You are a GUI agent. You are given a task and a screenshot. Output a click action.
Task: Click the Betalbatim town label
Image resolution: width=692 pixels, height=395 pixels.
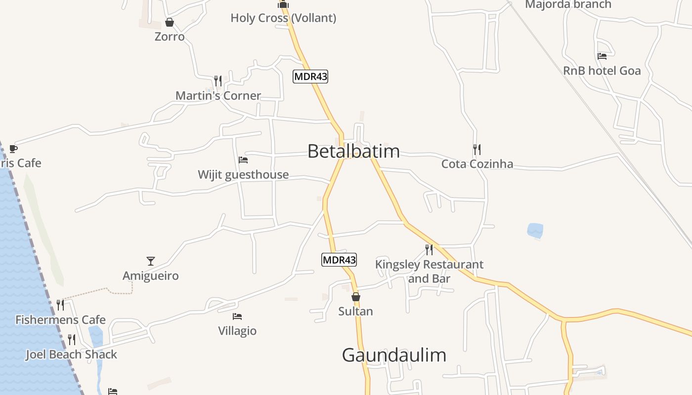tap(353, 151)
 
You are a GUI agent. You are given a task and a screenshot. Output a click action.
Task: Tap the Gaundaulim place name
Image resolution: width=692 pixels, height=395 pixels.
tap(394, 355)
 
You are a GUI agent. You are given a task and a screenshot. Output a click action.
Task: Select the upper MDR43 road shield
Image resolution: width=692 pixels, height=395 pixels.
tap(310, 77)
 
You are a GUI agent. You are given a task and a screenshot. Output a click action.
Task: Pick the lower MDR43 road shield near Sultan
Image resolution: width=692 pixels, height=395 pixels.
tap(339, 260)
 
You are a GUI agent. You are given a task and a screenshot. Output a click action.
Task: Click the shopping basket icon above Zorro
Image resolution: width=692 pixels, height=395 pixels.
tap(170, 23)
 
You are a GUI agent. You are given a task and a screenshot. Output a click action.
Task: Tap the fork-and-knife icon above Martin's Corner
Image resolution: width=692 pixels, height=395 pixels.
tap(217, 81)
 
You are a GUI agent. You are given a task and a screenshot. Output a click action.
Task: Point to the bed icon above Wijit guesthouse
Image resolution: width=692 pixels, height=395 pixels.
tap(243, 160)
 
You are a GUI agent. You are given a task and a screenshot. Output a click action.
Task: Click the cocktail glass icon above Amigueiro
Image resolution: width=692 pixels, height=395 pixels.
tap(151, 261)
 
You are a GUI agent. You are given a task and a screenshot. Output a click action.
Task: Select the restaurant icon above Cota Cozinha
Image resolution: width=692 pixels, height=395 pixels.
tap(477, 149)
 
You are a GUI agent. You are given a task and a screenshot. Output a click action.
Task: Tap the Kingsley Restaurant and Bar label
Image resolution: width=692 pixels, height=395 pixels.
tap(429, 272)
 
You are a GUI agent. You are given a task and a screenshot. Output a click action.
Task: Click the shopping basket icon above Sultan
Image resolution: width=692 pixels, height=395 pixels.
tap(355, 297)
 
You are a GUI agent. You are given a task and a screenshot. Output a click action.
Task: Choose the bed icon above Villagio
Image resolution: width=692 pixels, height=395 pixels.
tap(237, 316)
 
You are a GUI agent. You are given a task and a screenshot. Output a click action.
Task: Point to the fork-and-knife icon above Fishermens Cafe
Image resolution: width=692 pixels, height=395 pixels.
tap(60, 305)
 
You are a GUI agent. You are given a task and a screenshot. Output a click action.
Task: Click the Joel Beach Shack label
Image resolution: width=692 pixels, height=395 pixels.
tap(72, 355)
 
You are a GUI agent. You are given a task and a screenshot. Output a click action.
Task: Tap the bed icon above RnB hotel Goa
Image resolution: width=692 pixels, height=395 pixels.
tap(602, 56)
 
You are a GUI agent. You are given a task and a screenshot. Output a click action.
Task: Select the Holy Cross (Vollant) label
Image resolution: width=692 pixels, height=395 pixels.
tap(283, 18)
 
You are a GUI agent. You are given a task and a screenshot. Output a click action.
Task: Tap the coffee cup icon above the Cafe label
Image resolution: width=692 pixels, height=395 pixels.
tap(13, 149)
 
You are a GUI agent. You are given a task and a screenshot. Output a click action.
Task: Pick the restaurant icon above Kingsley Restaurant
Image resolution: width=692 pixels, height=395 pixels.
tap(429, 250)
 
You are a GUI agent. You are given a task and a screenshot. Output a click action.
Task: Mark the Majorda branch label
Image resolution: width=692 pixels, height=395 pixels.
tap(568, 5)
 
